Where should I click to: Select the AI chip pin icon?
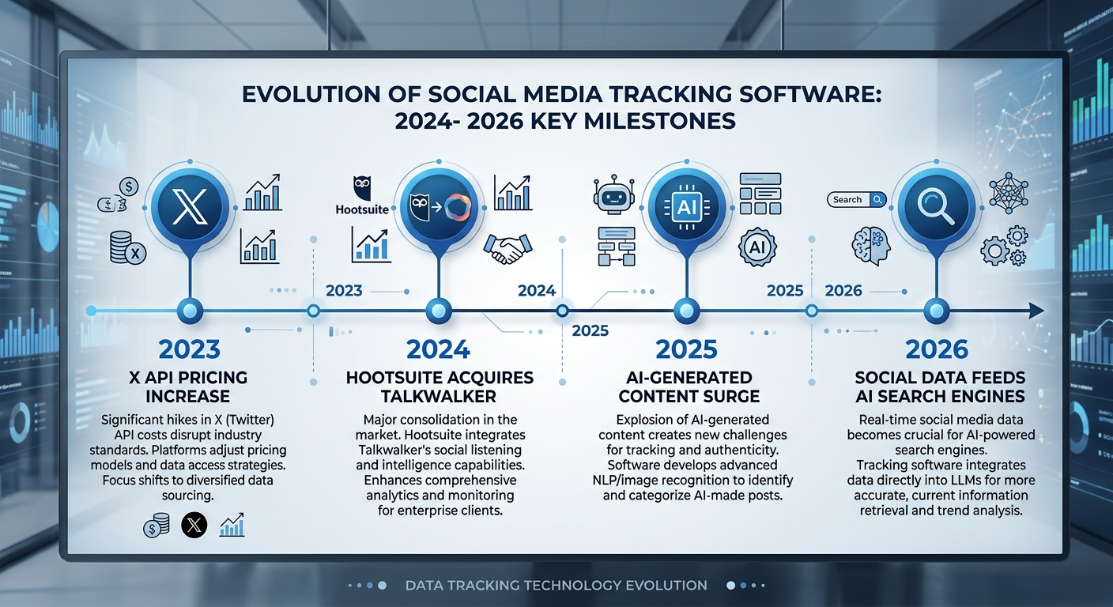tap(683, 207)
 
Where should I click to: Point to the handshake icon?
tap(507, 247)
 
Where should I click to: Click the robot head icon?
tap(614, 194)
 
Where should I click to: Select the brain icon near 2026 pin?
tap(871, 243)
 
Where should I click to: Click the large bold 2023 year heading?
tap(189, 349)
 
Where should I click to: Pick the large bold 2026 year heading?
tap(937, 349)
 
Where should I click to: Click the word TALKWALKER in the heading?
tap(440, 397)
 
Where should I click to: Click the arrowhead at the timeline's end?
tap(1036, 311)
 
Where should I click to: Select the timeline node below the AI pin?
tap(683, 311)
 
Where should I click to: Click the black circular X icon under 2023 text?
tap(194, 525)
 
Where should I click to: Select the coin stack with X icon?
tap(128, 249)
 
